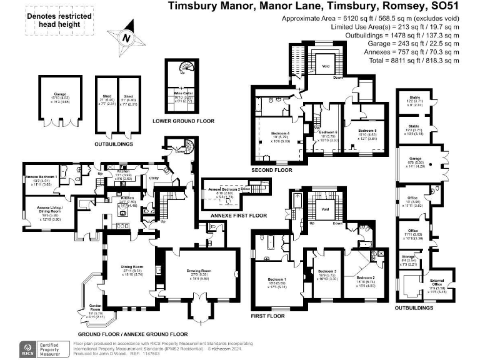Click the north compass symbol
[x=127, y=36]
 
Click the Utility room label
[x=153, y=178]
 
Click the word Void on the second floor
[x=325, y=65]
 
